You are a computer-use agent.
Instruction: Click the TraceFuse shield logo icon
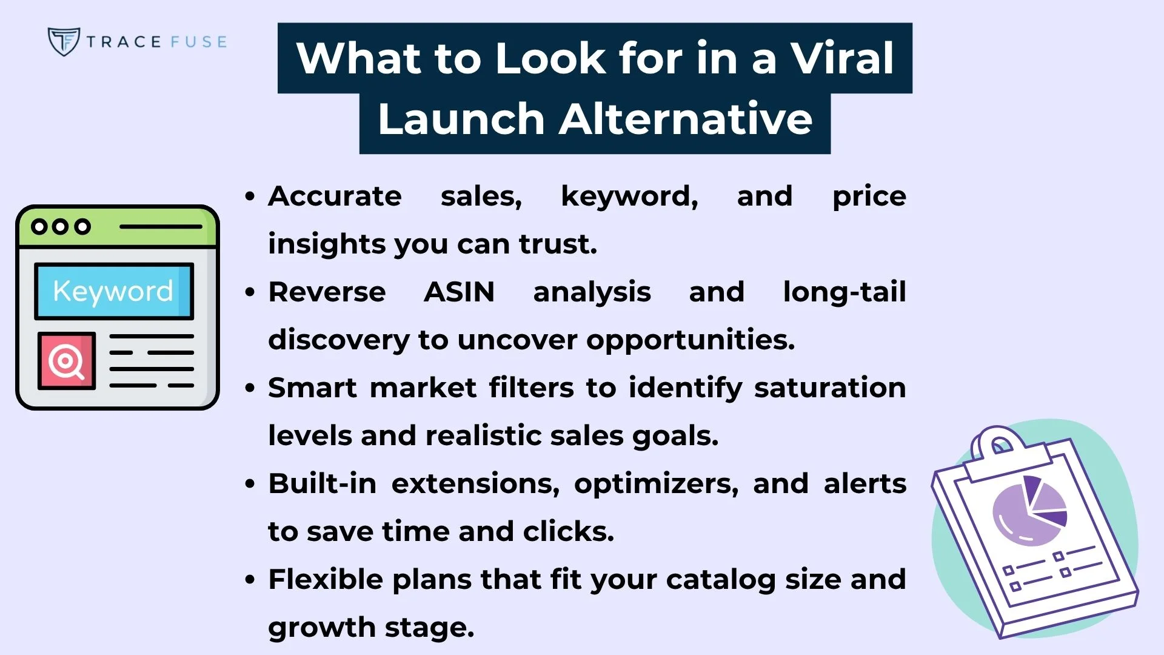pos(63,41)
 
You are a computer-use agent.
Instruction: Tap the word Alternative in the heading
pos(686,119)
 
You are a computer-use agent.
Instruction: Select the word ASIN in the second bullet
pos(459,292)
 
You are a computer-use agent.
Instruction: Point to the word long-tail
pos(844,292)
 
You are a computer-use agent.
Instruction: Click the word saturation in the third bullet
pos(830,388)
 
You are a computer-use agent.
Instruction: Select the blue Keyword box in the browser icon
pos(114,291)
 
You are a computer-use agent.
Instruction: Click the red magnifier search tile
pos(67,361)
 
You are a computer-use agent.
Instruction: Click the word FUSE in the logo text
pos(198,42)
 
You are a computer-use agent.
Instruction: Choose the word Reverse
pos(327,292)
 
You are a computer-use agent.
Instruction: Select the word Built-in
pos(322,484)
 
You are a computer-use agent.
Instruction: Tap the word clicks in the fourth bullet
pos(567,532)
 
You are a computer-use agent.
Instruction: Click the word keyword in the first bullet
pos(629,196)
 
